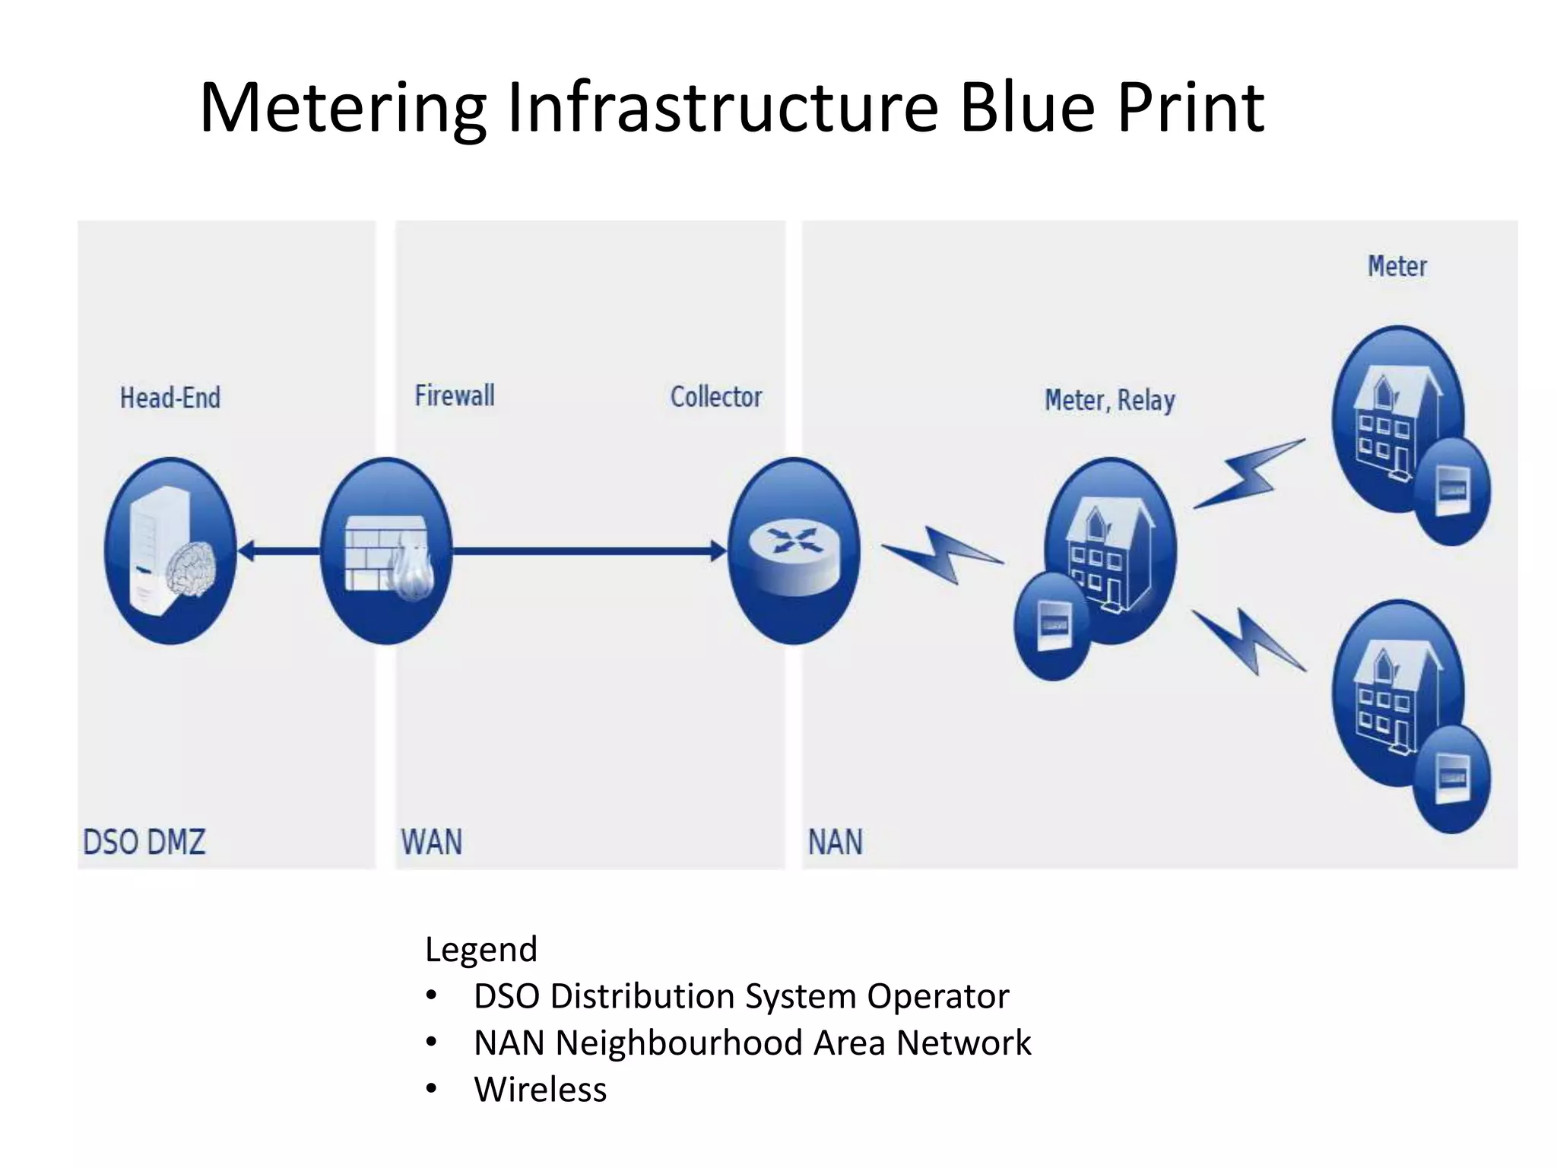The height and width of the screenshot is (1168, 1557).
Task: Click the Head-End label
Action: point(170,398)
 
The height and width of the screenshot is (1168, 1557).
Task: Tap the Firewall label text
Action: point(455,395)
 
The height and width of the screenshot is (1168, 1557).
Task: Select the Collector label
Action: point(715,396)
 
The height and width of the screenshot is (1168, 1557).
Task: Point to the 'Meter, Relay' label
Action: point(1109,400)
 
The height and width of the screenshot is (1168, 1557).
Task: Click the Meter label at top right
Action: point(1397,266)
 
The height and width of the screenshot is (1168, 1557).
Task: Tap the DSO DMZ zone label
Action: point(144,842)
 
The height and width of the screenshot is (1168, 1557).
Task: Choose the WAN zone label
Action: point(431,842)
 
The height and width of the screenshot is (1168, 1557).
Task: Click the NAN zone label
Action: point(835,842)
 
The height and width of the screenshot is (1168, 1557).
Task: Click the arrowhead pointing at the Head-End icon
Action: point(248,551)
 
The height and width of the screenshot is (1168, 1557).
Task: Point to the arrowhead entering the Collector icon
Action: point(718,551)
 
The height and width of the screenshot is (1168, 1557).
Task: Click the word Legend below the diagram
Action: point(481,950)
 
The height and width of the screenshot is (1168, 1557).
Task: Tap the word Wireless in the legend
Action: point(540,1090)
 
